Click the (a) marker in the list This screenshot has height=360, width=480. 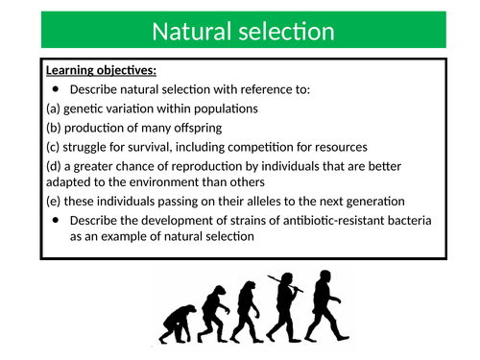[55, 108]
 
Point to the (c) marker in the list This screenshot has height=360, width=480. [55, 146]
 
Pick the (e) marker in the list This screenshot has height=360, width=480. [55, 201]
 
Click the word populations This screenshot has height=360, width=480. [222, 108]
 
